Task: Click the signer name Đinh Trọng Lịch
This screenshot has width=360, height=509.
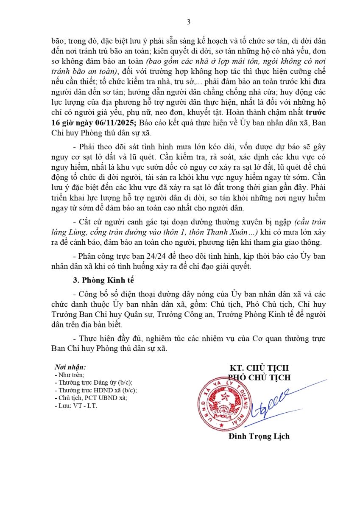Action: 259,436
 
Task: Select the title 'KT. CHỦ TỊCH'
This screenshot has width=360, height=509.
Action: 259,368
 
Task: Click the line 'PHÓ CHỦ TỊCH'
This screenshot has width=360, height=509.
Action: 259,377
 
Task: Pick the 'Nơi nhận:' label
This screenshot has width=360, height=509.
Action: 70,367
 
